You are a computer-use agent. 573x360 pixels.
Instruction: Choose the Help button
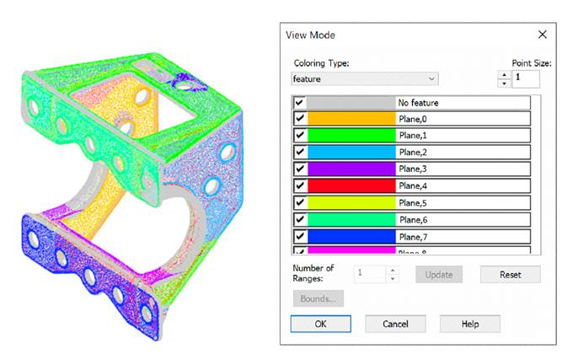469,324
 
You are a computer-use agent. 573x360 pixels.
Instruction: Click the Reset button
510,274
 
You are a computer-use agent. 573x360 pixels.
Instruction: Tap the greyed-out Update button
438,274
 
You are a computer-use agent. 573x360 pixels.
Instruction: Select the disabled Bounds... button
317,298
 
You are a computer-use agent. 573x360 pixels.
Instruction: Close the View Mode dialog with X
542,35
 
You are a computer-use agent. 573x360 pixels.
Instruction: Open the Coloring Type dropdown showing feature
365,78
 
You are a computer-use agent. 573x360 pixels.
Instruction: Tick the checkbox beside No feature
300,103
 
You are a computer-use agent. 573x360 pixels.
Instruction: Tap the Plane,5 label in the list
413,202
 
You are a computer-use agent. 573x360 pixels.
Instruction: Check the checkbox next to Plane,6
300,218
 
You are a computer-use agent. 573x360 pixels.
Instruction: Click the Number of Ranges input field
371,274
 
